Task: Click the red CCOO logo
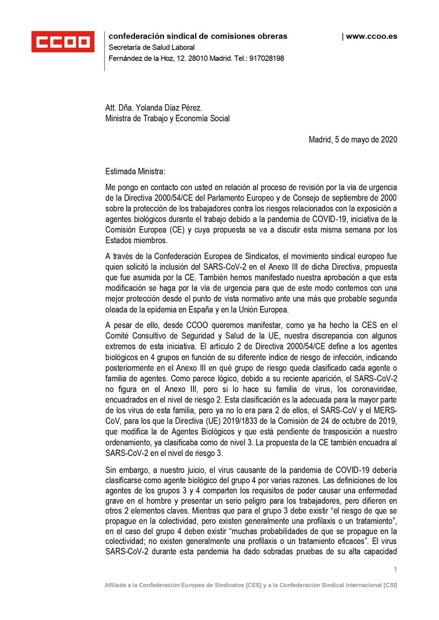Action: tap(63, 41)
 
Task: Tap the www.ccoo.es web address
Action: tap(371, 36)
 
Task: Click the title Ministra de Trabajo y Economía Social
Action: tap(168, 119)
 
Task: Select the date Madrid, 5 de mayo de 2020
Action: tap(353, 139)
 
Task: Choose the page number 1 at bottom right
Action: tap(395, 569)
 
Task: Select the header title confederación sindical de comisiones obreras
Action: tap(198, 36)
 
